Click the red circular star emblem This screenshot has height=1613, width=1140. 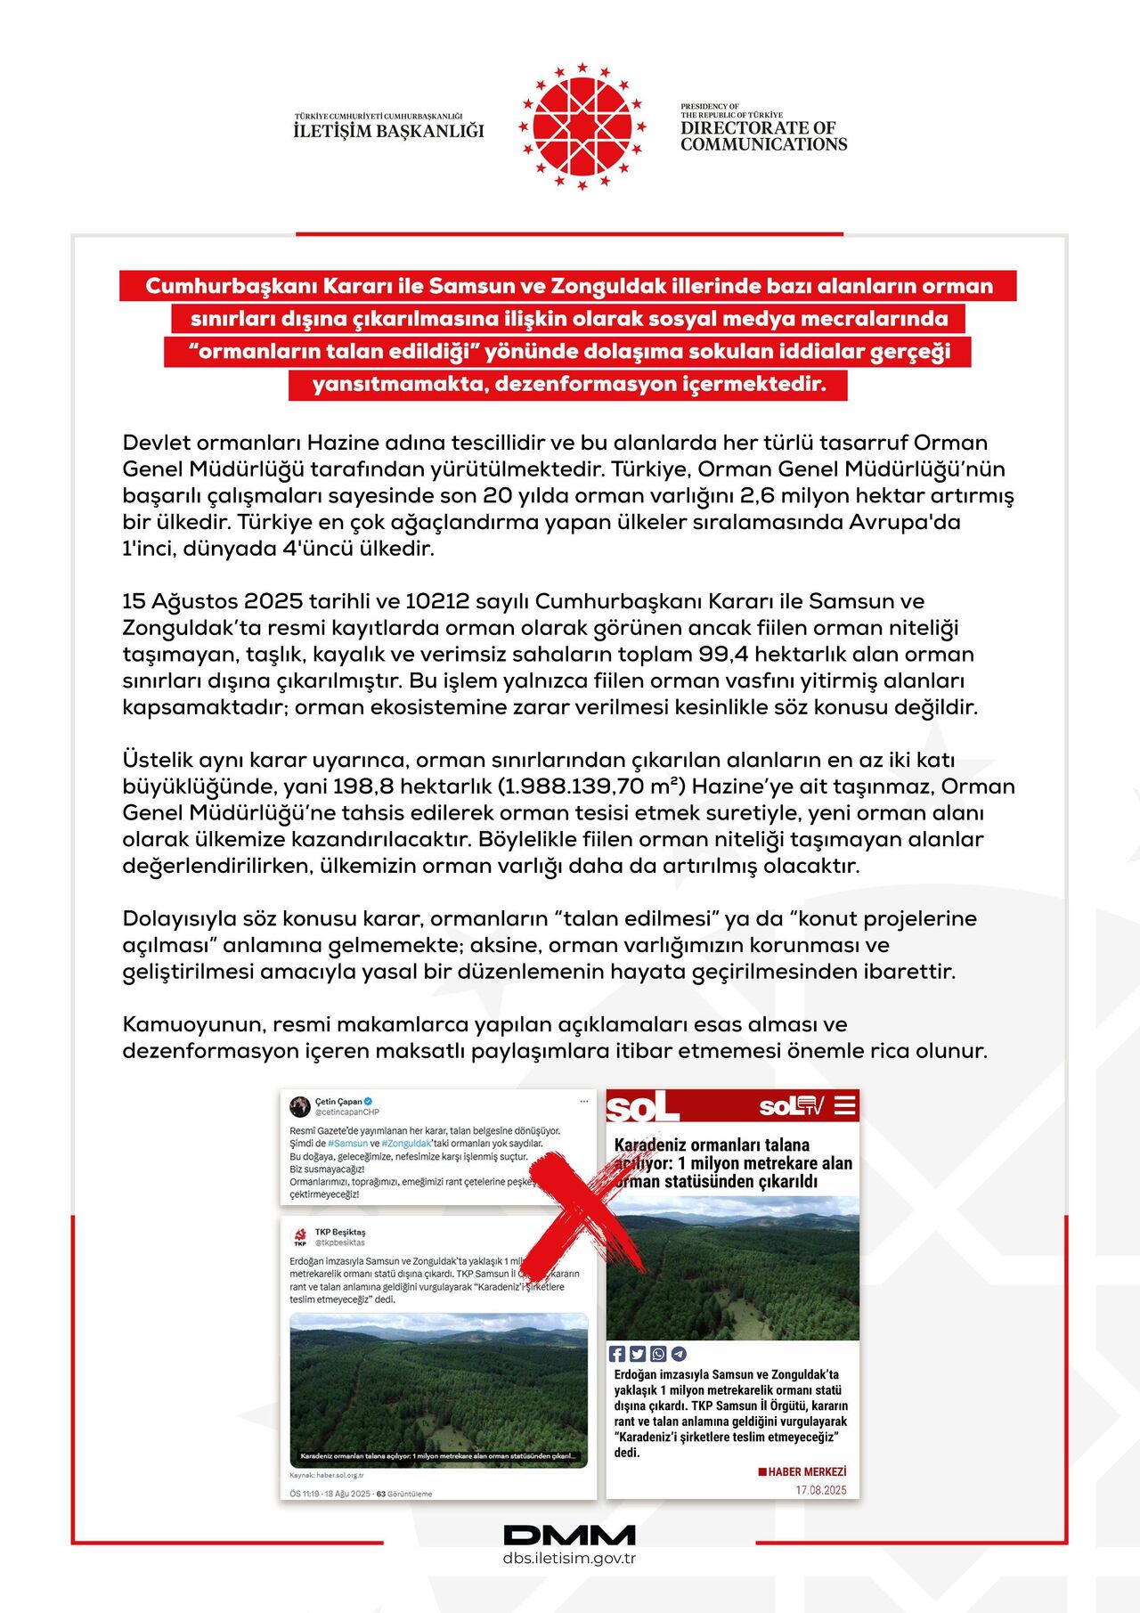(x=582, y=126)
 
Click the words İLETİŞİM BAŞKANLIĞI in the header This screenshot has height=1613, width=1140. (x=388, y=131)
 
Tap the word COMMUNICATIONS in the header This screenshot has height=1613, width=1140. (x=763, y=144)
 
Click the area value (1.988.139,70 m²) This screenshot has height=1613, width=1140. (x=591, y=786)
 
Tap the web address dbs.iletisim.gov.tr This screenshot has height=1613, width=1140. (x=569, y=1558)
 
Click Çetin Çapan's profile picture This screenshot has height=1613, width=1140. (x=300, y=1106)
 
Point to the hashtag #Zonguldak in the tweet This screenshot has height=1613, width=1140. (x=407, y=1144)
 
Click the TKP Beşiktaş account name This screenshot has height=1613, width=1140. (x=340, y=1232)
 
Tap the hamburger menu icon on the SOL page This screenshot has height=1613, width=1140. (x=844, y=1105)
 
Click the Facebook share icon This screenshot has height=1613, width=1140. (x=616, y=1354)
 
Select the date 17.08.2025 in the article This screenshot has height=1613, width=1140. (x=821, y=1490)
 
